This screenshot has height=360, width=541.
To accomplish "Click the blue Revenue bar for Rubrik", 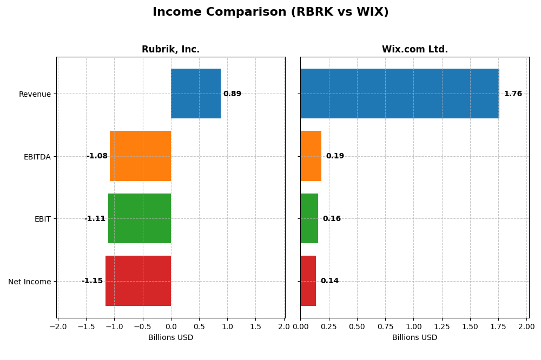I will coord(196,94).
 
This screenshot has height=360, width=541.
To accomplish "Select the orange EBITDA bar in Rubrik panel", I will coord(140,156).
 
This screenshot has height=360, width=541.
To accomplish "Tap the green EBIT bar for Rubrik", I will coord(140,218).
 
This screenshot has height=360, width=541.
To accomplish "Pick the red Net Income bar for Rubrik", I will coord(138,281).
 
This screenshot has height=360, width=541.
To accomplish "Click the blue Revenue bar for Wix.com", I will coord(399,94).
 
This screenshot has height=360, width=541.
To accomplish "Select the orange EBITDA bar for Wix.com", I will coord(311,156).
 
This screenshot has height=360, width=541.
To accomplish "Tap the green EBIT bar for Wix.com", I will coord(309,218).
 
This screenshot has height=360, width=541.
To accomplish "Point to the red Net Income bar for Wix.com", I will coord(308,281).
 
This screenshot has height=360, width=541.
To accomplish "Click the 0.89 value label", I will coord(232,94).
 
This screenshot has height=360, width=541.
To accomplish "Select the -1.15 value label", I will coord(92,281).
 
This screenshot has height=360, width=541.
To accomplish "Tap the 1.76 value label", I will coord(513,94).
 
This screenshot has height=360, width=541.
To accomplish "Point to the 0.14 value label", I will coord(329,281).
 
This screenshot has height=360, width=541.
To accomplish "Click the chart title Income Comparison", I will coord(270,12).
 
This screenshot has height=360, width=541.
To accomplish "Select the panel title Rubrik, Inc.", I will coord(170,50).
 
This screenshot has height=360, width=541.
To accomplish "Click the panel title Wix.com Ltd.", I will coord(414,50).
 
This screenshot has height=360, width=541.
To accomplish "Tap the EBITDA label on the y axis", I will coord(37,157).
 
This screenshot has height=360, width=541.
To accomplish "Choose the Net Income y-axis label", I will coord(29,282).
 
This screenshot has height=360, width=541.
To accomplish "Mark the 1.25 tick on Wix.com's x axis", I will coord(441,326).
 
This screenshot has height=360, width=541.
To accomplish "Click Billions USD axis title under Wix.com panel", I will coord(414,338).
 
